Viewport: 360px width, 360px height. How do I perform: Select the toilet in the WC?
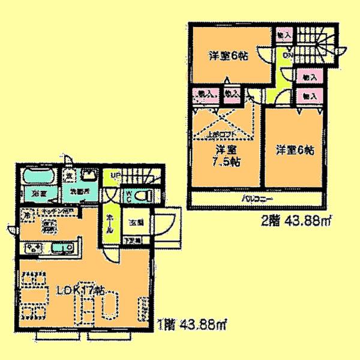point(139,196)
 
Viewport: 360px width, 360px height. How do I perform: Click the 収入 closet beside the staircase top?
point(283,36)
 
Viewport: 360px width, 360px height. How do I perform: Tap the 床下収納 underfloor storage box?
point(50,226)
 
